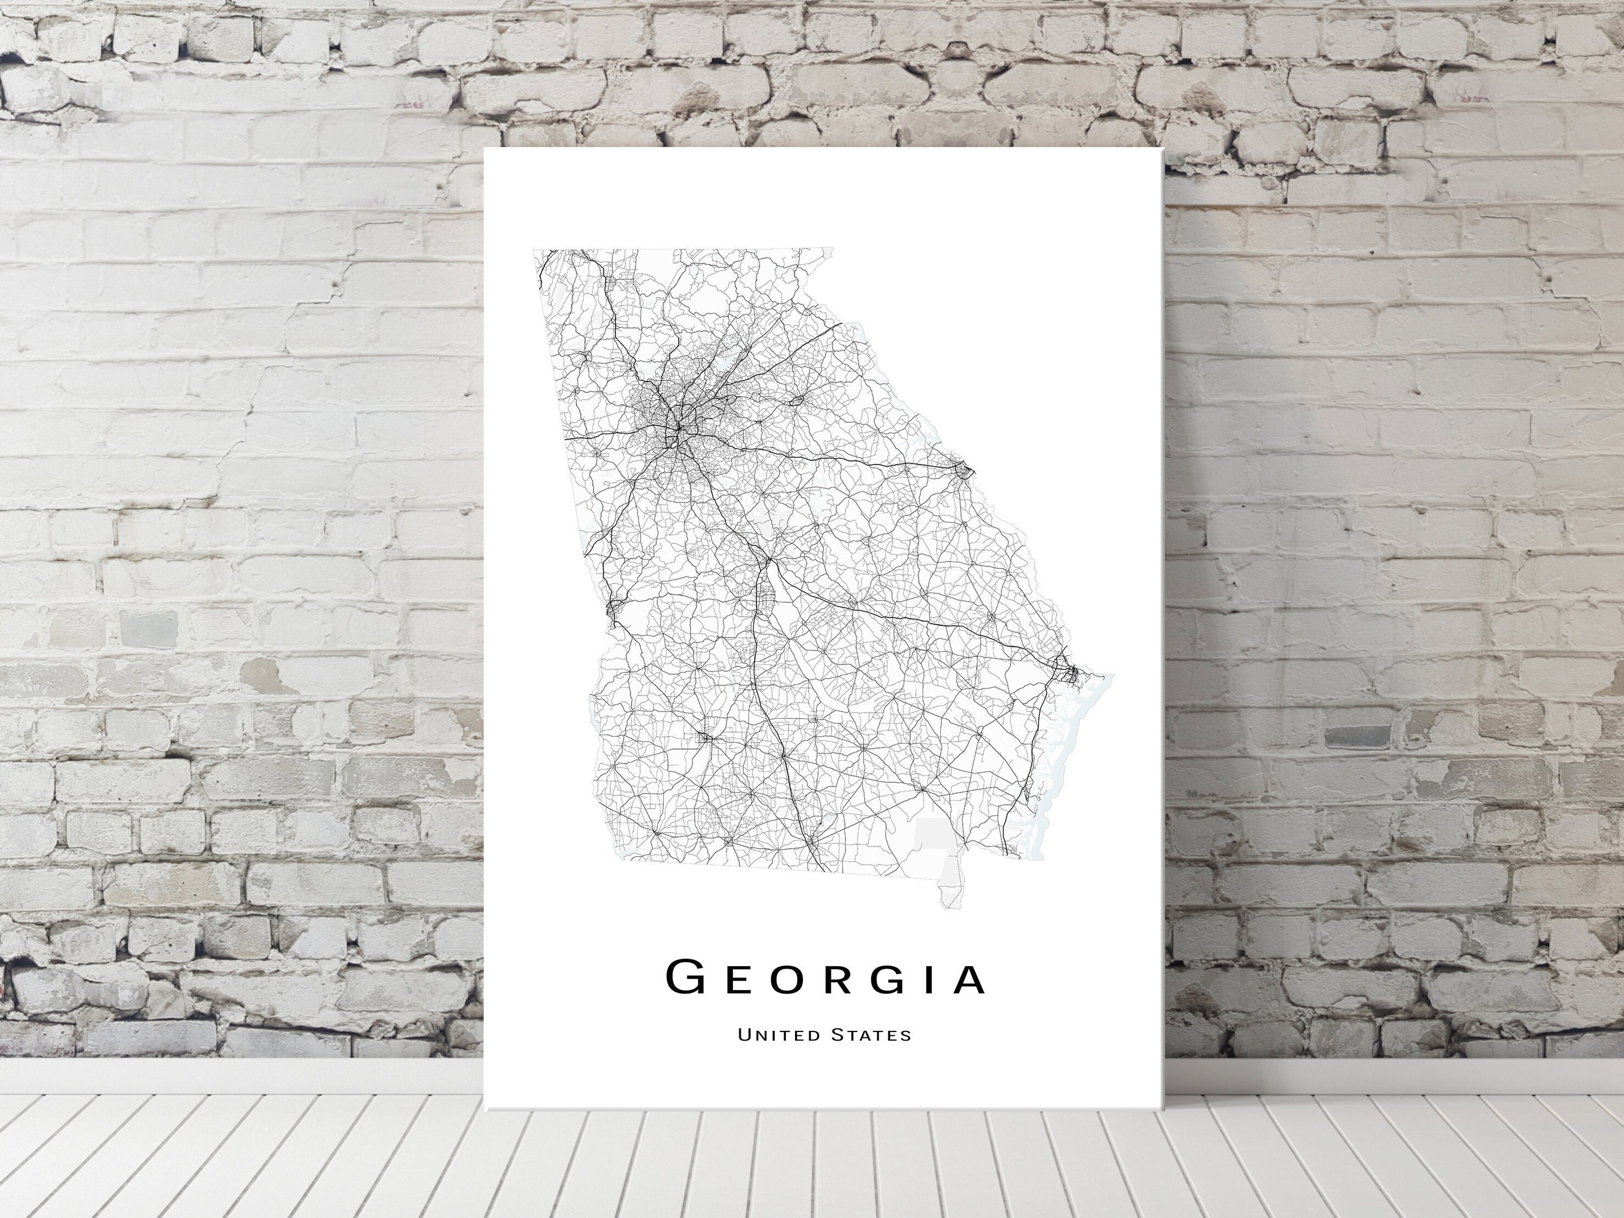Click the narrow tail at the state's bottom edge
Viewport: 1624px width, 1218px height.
pyautogui.click(x=949, y=894)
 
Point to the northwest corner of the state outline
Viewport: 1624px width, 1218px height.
pyautogui.click(x=535, y=251)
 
